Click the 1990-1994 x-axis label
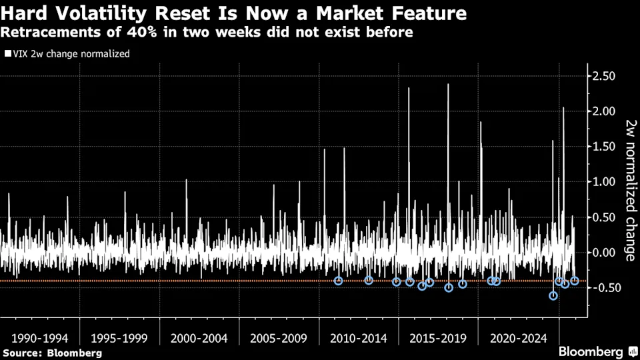(x=39, y=338)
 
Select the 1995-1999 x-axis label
(x=119, y=338)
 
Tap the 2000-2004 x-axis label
(x=199, y=338)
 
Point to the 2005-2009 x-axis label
(x=279, y=338)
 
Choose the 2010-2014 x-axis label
(x=359, y=338)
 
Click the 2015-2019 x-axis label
(x=439, y=338)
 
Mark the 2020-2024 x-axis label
(x=518, y=338)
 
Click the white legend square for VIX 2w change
(x=7, y=54)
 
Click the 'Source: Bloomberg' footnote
(x=52, y=353)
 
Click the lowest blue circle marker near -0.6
(x=553, y=296)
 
